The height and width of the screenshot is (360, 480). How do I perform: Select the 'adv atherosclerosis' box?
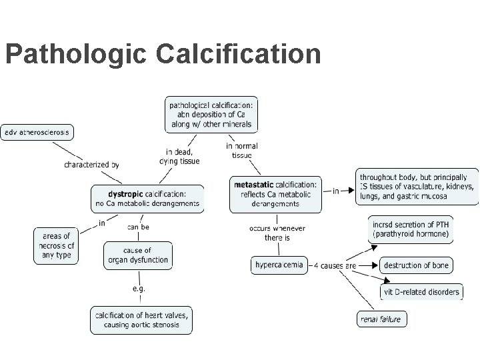(x=37, y=131)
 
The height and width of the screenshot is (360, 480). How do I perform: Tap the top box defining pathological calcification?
(x=211, y=115)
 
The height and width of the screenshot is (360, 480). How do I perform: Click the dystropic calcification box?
(x=147, y=199)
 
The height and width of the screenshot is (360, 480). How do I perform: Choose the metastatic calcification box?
(x=275, y=194)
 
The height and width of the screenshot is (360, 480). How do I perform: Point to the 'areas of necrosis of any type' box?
(x=57, y=245)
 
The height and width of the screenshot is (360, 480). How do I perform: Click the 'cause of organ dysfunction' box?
(x=138, y=255)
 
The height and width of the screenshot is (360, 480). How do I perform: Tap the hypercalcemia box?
(x=279, y=265)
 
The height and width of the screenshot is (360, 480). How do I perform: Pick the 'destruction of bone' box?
(x=417, y=265)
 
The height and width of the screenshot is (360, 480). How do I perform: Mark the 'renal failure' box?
(x=381, y=319)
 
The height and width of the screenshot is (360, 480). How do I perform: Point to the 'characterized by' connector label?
(x=91, y=164)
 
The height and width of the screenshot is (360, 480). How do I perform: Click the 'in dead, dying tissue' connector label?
(x=179, y=156)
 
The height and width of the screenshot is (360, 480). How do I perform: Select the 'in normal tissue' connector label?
(x=242, y=151)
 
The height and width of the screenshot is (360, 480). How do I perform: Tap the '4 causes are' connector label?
(x=335, y=265)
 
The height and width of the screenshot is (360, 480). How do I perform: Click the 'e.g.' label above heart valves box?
(x=139, y=289)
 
